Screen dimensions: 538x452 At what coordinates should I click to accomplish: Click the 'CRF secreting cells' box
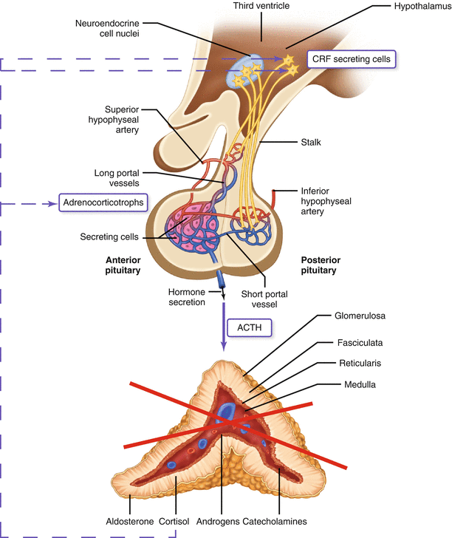[x=351, y=58]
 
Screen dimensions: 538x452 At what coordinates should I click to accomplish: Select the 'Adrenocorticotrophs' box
[x=101, y=202]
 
